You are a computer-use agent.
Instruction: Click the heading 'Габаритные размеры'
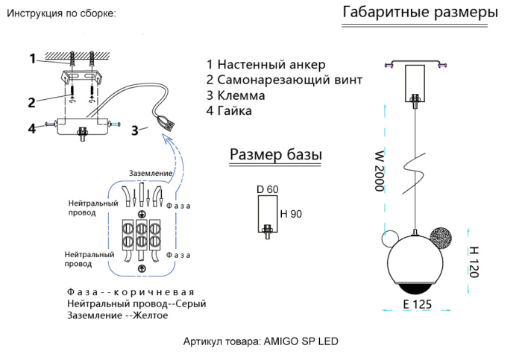420,13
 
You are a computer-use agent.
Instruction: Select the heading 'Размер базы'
275,154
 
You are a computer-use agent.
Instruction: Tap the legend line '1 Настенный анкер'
265,64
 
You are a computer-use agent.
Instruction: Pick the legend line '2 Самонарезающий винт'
284,80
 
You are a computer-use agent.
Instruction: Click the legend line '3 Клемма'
236,95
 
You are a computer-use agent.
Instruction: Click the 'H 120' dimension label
471,262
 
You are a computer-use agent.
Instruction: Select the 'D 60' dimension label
267,189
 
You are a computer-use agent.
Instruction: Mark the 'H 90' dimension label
290,215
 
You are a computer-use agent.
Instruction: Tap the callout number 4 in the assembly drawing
32,128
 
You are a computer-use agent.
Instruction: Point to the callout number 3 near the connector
134,130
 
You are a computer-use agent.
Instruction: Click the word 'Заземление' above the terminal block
151,173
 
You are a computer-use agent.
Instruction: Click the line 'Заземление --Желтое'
117,316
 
